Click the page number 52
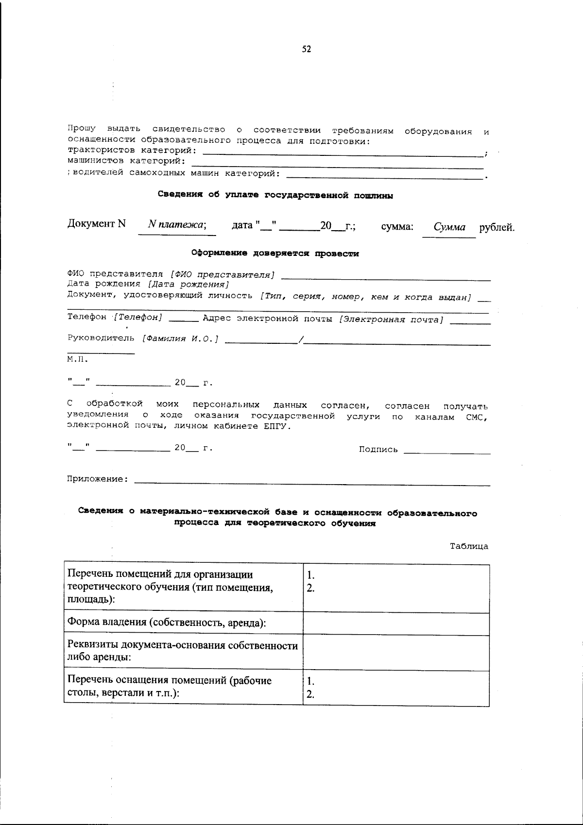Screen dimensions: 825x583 click(307, 49)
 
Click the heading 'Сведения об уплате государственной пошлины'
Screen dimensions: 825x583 click(275, 195)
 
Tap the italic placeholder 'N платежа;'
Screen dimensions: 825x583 click(177, 225)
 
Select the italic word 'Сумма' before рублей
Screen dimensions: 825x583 click(449, 227)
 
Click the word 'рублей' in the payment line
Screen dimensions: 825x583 click(497, 227)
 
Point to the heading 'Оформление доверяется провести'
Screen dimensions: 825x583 click(275, 253)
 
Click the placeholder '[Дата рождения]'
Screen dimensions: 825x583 click(189, 285)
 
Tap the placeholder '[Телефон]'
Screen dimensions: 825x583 click(138, 317)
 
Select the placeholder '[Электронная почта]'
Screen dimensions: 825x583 click(391, 320)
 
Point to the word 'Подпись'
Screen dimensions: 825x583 click(378, 450)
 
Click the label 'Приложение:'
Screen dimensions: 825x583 click(98, 479)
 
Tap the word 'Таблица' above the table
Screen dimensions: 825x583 click(469, 546)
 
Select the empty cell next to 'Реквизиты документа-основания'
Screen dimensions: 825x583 click(396, 653)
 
